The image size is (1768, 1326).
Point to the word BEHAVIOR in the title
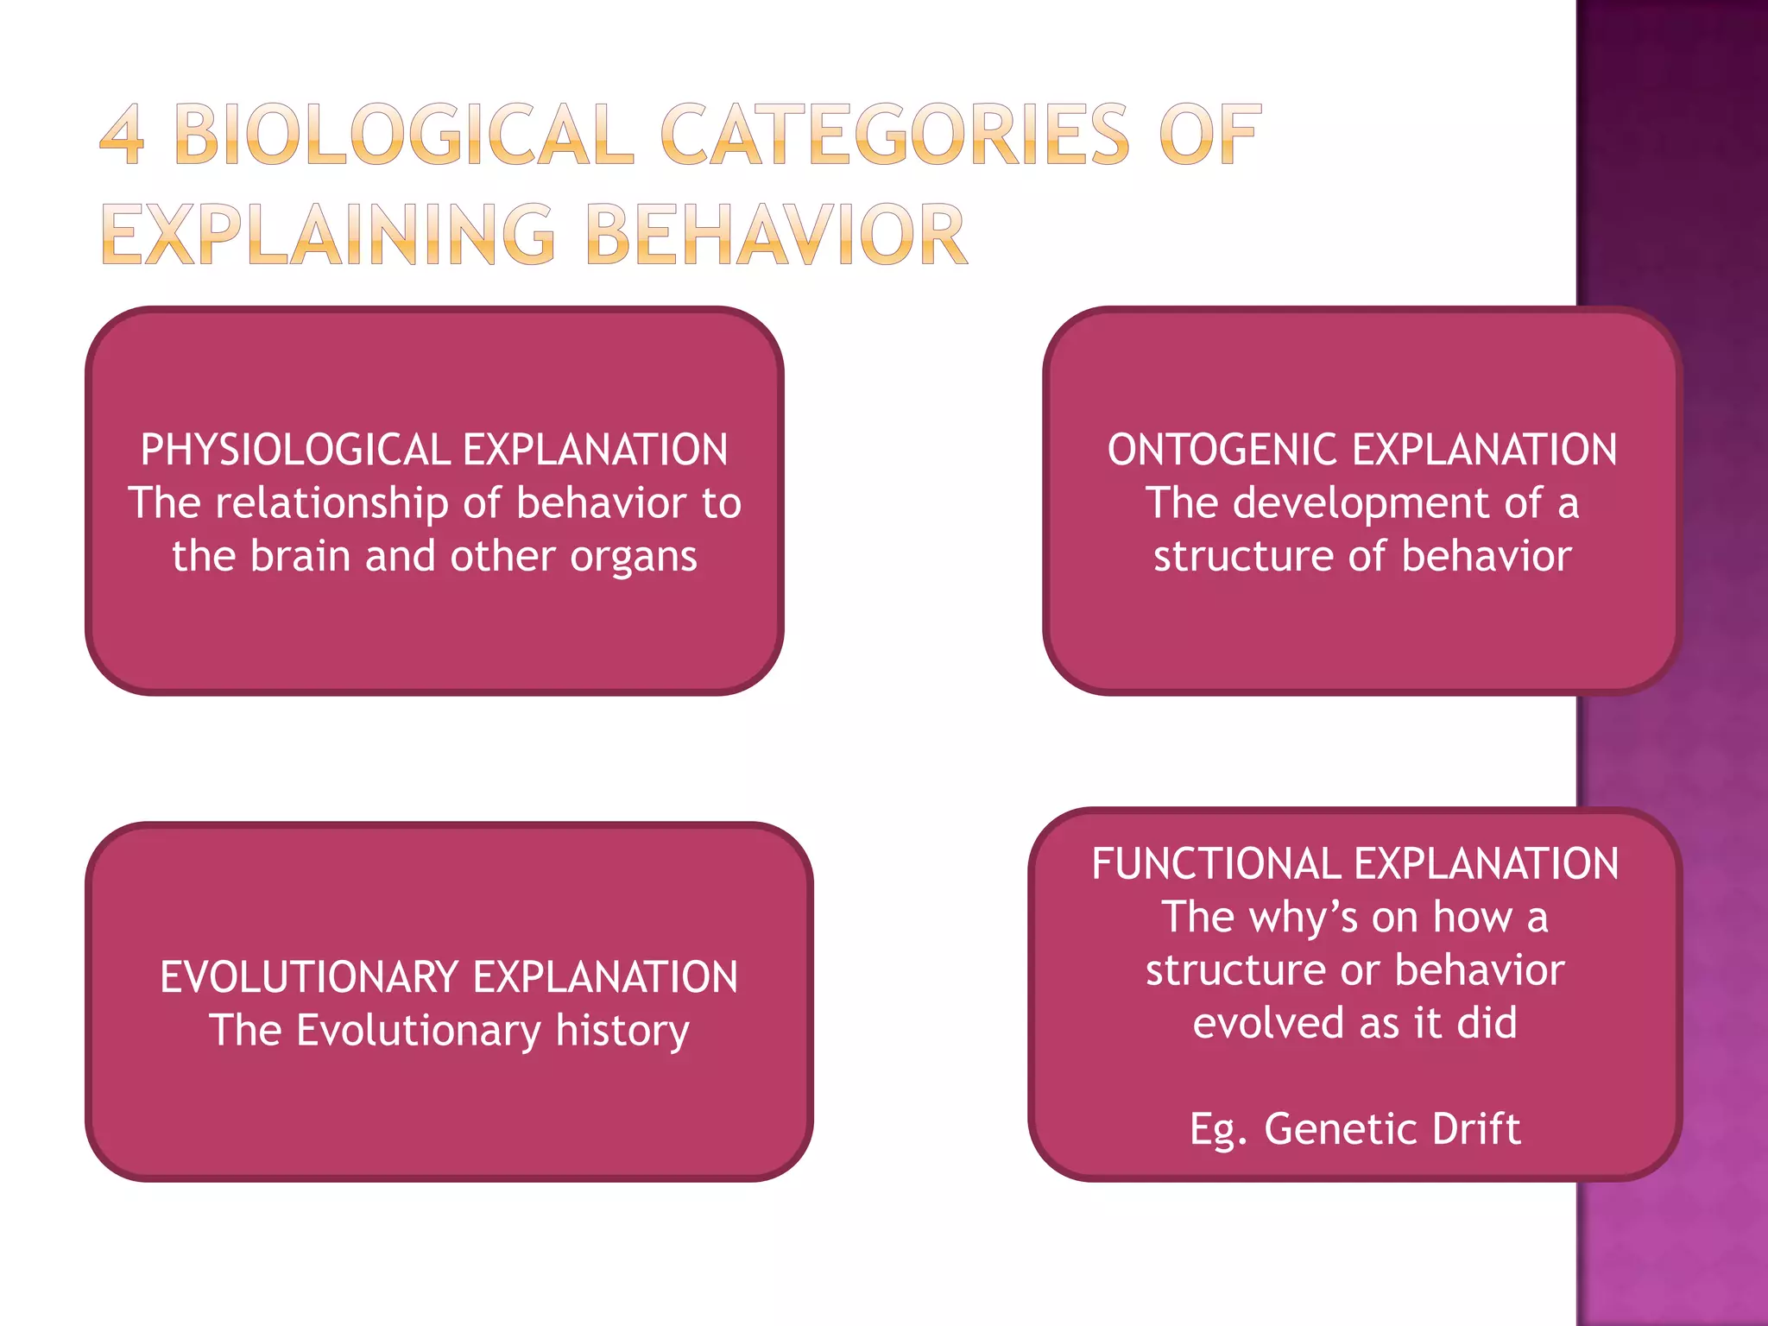coord(775,234)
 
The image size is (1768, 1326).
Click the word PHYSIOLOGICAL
coord(294,450)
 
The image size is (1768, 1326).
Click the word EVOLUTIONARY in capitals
coord(309,977)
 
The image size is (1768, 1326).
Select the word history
coord(622,1031)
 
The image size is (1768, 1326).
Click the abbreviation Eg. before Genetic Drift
coord(1217,1129)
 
